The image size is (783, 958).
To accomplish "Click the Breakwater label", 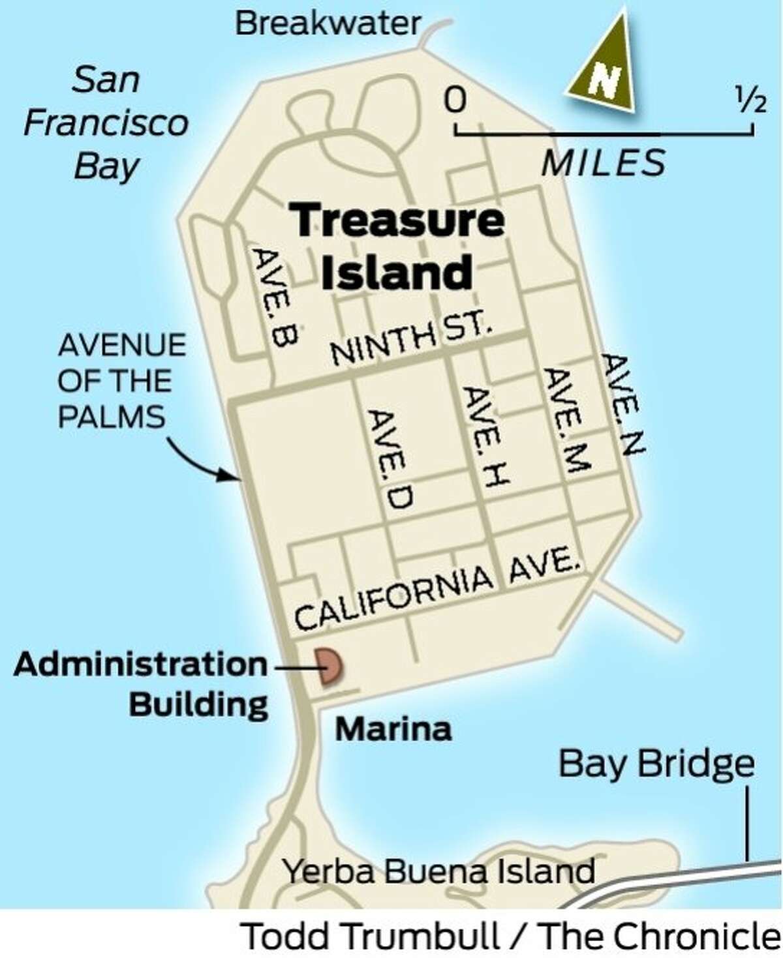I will pyautogui.click(x=328, y=24).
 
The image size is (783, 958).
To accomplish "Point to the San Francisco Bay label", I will pyautogui.click(x=106, y=123).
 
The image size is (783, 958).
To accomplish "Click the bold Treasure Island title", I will pyautogui.click(x=397, y=246).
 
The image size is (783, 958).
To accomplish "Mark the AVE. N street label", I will pyautogui.click(x=622, y=403).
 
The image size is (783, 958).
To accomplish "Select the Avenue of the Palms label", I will pyautogui.click(x=121, y=381).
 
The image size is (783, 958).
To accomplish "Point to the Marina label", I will pyautogui.click(x=393, y=728).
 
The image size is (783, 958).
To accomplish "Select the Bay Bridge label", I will pyautogui.click(x=656, y=764).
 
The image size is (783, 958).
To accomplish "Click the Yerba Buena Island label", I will pyautogui.click(x=438, y=871).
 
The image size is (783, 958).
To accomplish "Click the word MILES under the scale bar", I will pyautogui.click(x=604, y=162).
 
